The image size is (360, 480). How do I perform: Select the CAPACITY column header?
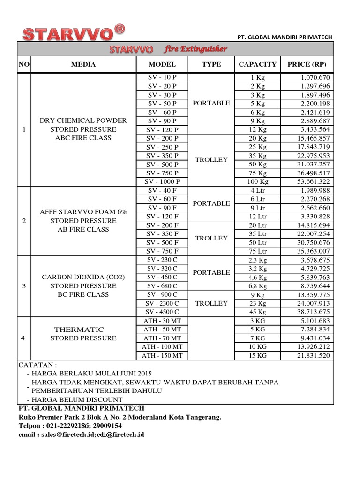click(257, 64)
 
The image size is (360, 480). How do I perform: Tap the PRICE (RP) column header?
click(307, 64)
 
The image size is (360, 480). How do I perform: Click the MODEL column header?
click(162, 64)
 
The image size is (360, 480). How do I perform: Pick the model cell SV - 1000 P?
click(162, 182)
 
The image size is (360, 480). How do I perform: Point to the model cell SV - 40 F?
click(162, 190)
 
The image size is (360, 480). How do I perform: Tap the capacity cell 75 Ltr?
click(257, 251)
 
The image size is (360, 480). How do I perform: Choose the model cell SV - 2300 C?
click(162, 303)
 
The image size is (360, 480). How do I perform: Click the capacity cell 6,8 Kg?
click(257, 286)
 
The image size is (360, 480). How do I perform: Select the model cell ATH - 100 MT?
click(162, 347)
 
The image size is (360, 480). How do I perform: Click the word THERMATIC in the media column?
click(79, 330)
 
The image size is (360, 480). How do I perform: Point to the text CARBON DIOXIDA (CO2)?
click(83, 277)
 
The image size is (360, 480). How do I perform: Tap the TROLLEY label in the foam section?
click(211, 238)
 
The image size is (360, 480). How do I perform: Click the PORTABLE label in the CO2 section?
click(211, 273)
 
